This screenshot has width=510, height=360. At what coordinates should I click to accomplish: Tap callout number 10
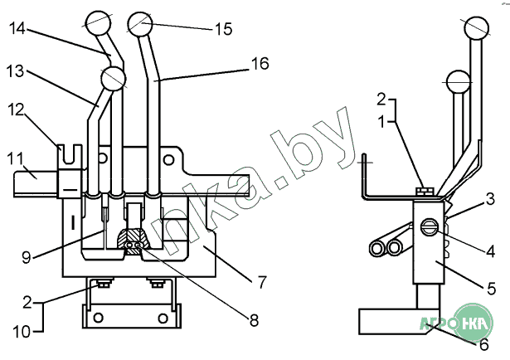coord(22,333)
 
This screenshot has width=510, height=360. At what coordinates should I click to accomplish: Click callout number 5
coord(491,289)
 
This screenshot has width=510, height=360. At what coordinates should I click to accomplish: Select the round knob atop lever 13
coord(113,79)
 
